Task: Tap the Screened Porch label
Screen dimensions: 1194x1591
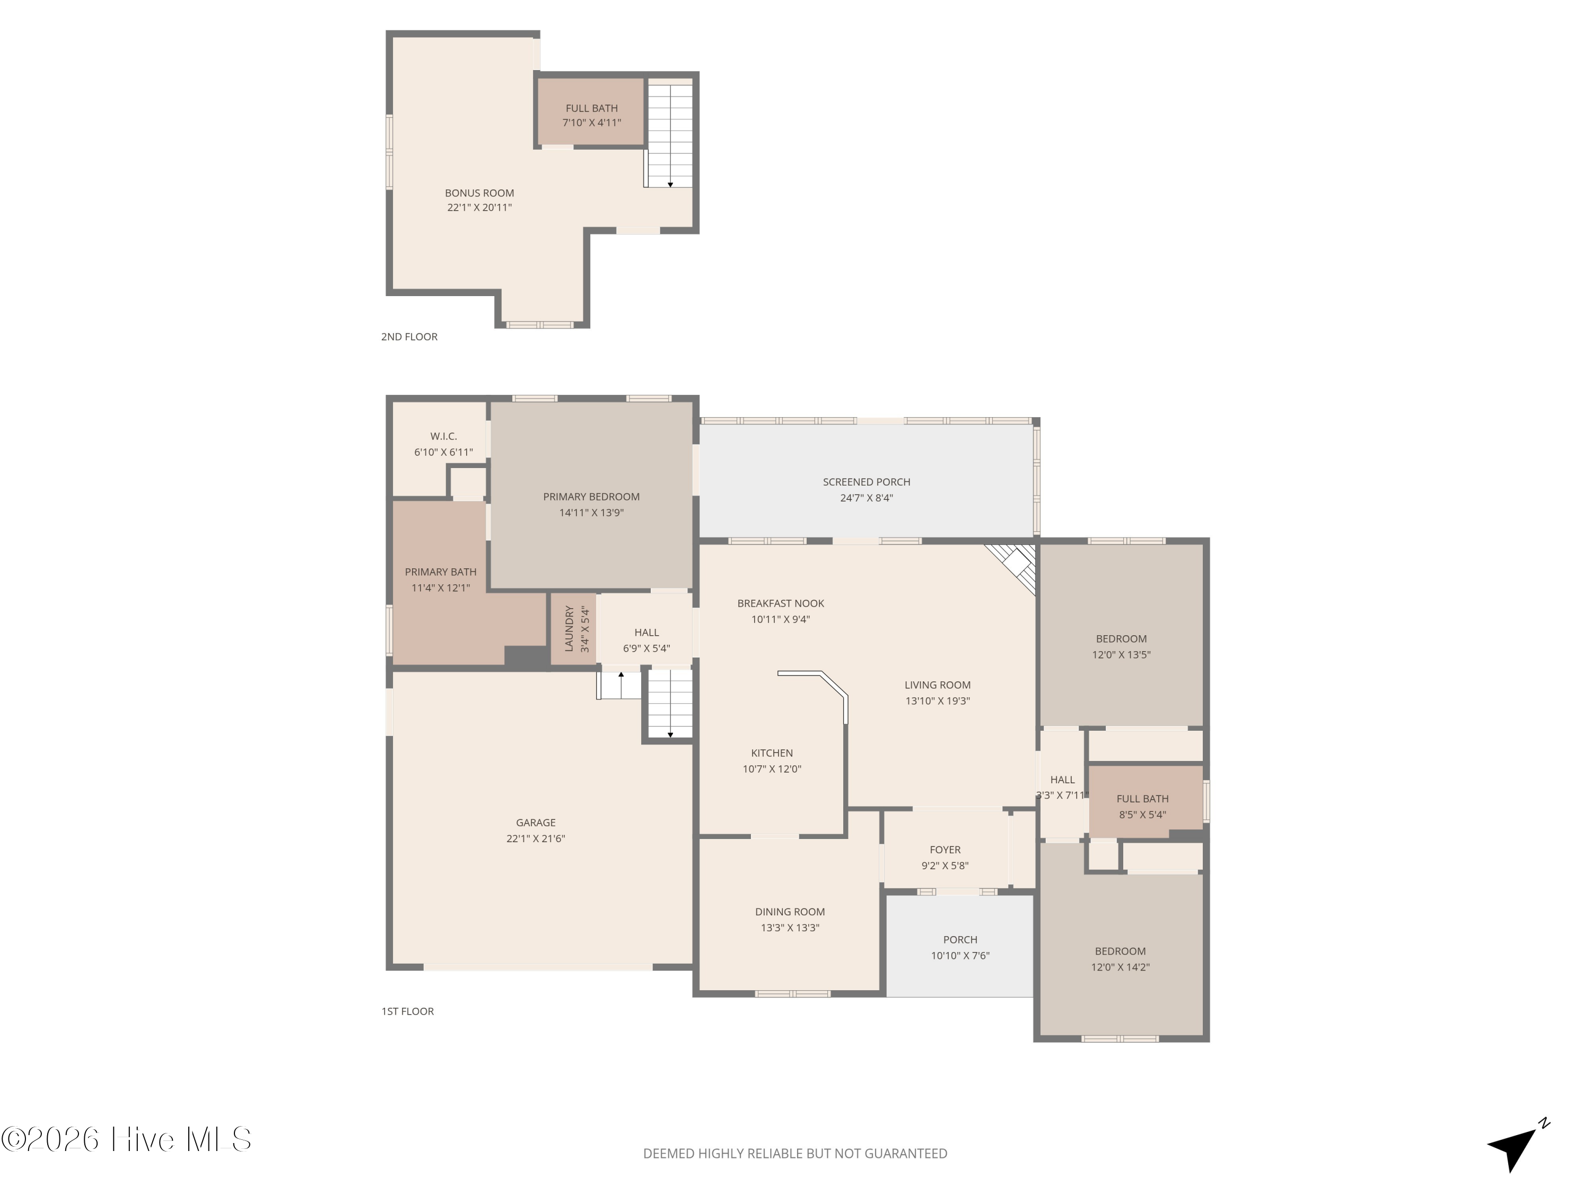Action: (866, 482)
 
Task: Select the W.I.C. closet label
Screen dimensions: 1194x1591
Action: (443, 436)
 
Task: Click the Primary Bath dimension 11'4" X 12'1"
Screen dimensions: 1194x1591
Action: (440, 588)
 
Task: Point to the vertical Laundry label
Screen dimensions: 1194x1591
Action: (569, 628)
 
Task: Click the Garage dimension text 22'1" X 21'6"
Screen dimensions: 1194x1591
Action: (535, 838)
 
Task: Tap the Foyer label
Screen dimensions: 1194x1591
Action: (945, 850)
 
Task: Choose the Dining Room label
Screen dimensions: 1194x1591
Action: (789, 912)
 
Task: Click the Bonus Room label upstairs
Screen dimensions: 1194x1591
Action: (479, 193)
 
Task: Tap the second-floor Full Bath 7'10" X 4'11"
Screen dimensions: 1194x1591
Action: (591, 115)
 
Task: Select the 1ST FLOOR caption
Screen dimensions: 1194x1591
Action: (407, 1011)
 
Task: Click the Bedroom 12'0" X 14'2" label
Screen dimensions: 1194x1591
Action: (1120, 959)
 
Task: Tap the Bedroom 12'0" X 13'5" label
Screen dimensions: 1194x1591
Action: (1121, 646)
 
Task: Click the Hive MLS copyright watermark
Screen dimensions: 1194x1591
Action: (126, 1139)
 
